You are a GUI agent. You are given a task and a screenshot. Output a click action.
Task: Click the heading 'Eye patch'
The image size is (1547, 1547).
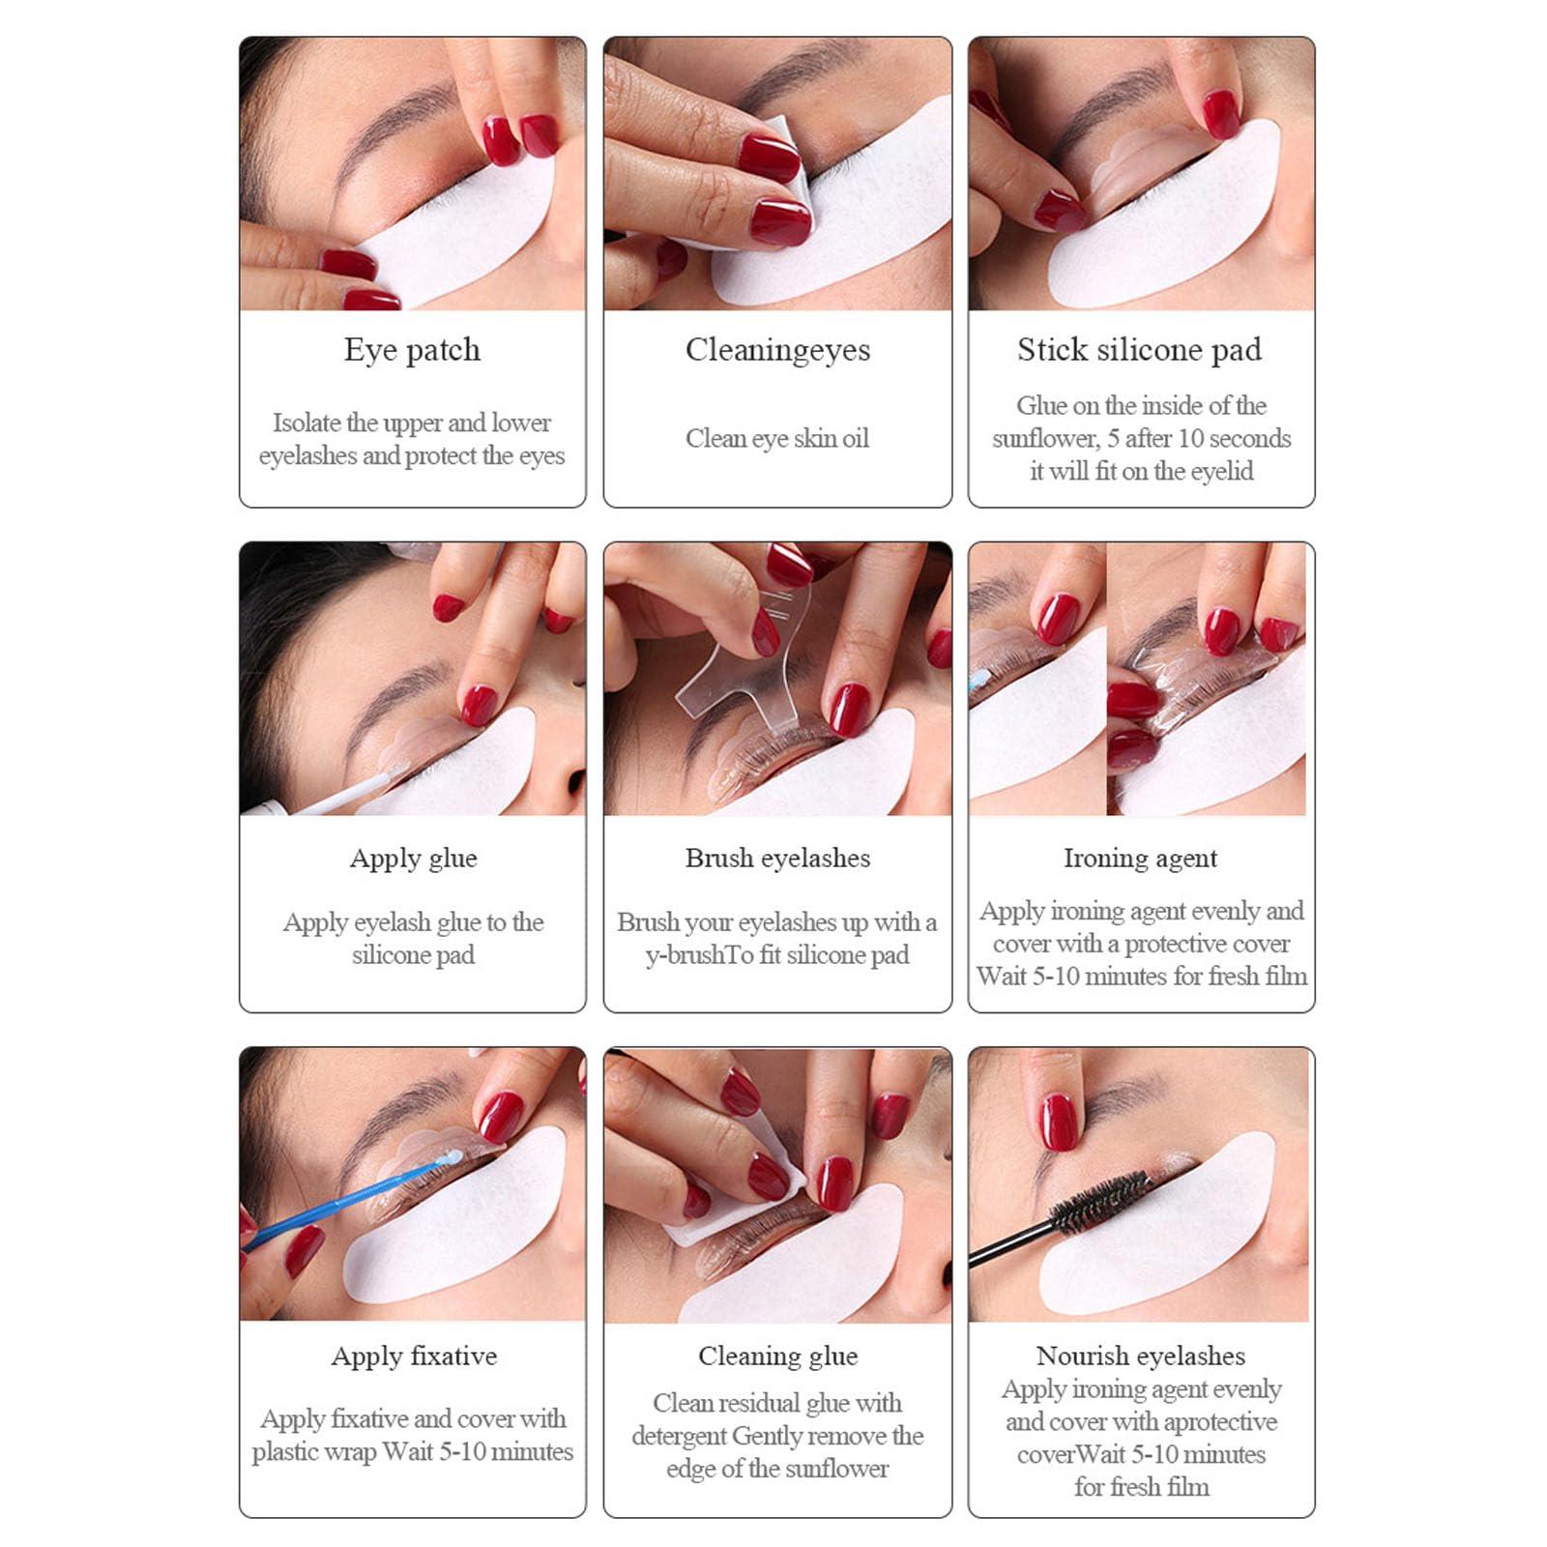(412, 350)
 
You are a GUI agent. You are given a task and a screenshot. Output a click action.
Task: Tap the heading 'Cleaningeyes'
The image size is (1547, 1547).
(777, 350)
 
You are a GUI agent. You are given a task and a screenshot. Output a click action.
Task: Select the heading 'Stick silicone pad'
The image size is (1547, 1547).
(1139, 350)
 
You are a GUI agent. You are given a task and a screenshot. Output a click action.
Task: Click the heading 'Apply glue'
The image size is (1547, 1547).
(413, 859)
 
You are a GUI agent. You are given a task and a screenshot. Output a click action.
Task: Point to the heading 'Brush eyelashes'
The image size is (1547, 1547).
(777, 859)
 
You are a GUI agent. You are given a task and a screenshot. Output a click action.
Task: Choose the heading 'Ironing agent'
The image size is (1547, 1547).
(1140, 859)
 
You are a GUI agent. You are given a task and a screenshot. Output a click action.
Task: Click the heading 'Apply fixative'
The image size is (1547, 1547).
(414, 1357)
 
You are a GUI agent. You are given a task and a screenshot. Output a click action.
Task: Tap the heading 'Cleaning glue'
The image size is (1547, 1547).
(777, 1357)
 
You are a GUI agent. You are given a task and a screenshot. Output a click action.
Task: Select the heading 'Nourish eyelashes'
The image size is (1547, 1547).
(1140, 1357)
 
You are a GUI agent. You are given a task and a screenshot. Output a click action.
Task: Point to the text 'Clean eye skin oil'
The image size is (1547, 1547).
(777, 439)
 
